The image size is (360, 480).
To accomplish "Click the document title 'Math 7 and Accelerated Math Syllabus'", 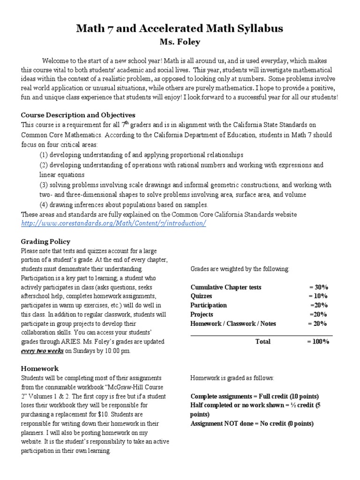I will (180, 29).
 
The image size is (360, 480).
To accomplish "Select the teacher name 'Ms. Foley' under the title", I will (180, 43).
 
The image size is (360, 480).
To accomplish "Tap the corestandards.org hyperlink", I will (113, 223).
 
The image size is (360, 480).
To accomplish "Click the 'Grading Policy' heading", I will (45, 241).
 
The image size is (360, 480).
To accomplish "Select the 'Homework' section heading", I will (40, 369).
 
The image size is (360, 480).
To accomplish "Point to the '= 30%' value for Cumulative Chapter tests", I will (318, 287).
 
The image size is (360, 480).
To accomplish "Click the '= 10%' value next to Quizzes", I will (318, 296).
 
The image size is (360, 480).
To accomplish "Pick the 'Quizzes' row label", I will (202, 296).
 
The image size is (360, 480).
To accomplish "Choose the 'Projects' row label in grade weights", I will (202, 314).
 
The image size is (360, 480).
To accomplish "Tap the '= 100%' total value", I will (318, 341).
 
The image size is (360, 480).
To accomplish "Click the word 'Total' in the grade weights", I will (262, 341).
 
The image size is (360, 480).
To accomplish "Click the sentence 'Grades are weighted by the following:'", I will (240, 269).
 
